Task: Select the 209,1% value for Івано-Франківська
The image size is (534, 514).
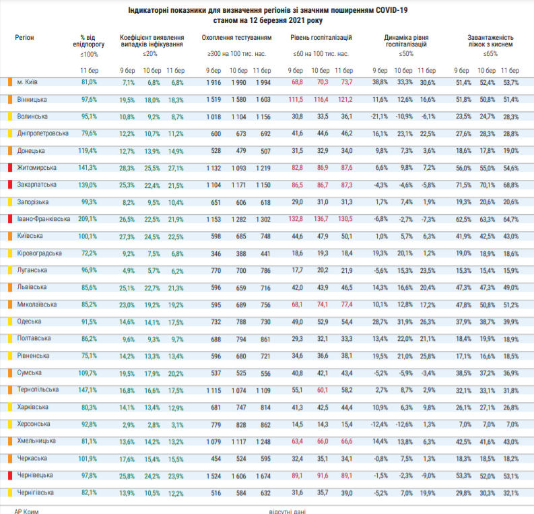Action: point(89,219)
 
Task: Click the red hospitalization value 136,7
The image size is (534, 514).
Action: point(321,219)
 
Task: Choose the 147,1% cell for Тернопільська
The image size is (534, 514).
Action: point(89,390)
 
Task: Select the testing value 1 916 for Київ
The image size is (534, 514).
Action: point(213,82)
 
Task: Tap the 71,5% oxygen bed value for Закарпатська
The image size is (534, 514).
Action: point(463,185)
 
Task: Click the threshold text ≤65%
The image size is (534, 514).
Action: point(490,53)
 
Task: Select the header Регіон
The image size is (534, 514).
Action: point(25,38)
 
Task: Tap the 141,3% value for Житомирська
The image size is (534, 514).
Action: point(89,168)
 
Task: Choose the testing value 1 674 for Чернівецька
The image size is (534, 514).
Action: point(263,476)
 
